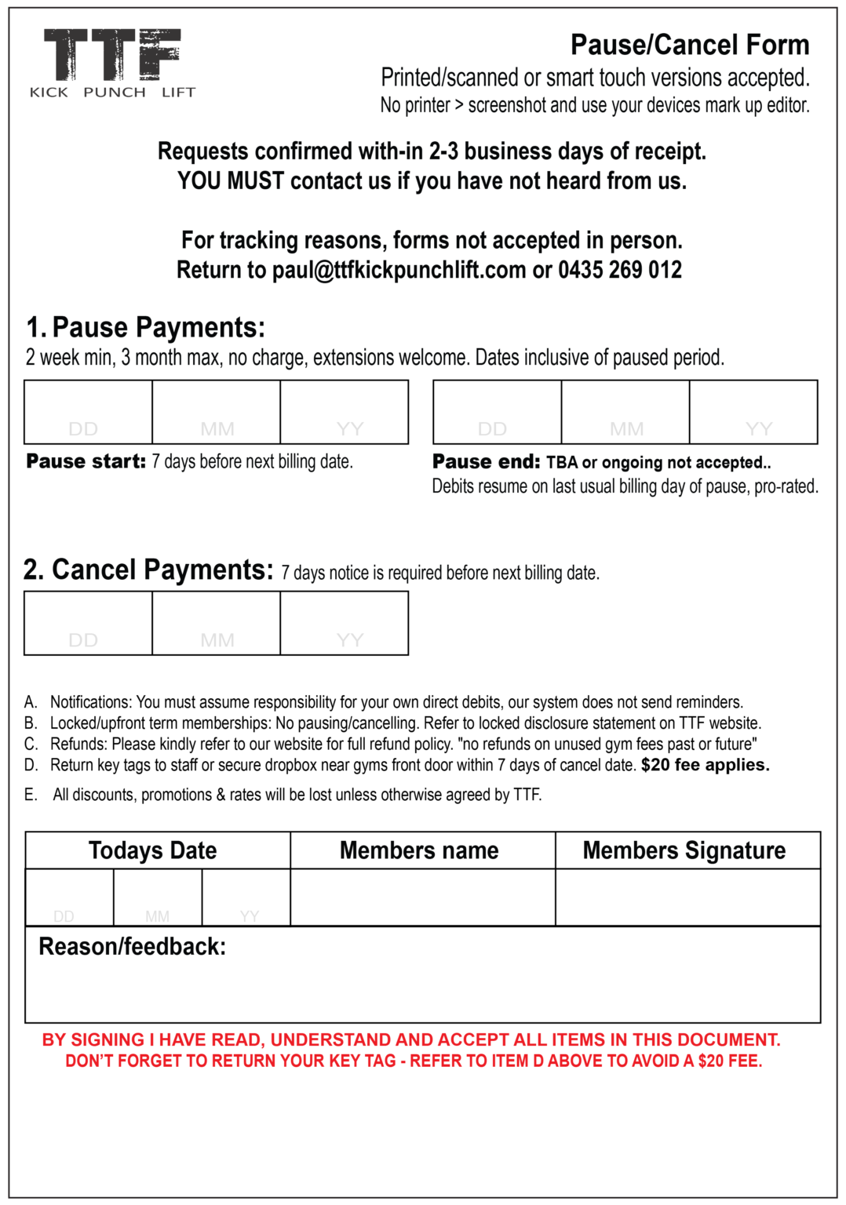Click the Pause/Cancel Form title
[x=689, y=46]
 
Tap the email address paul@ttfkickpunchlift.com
[x=399, y=270]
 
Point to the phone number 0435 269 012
[x=620, y=270]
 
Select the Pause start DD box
[x=88, y=412]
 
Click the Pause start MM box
[x=216, y=412]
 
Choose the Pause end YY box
[x=753, y=412]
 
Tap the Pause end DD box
[x=497, y=412]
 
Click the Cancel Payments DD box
[x=88, y=623]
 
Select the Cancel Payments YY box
[x=345, y=623]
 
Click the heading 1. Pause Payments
[x=146, y=327]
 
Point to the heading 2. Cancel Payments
[x=148, y=570]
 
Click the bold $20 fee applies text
[x=705, y=765]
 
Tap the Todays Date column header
[x=153, y=850]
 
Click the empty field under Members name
[x=422, y=897]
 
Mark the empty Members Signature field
[x=687, y=897]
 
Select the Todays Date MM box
[x=158, y=897]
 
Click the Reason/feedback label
[x=132, y=947]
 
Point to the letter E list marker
[x=31, y=795]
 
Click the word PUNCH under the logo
[x=115, y=93]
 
